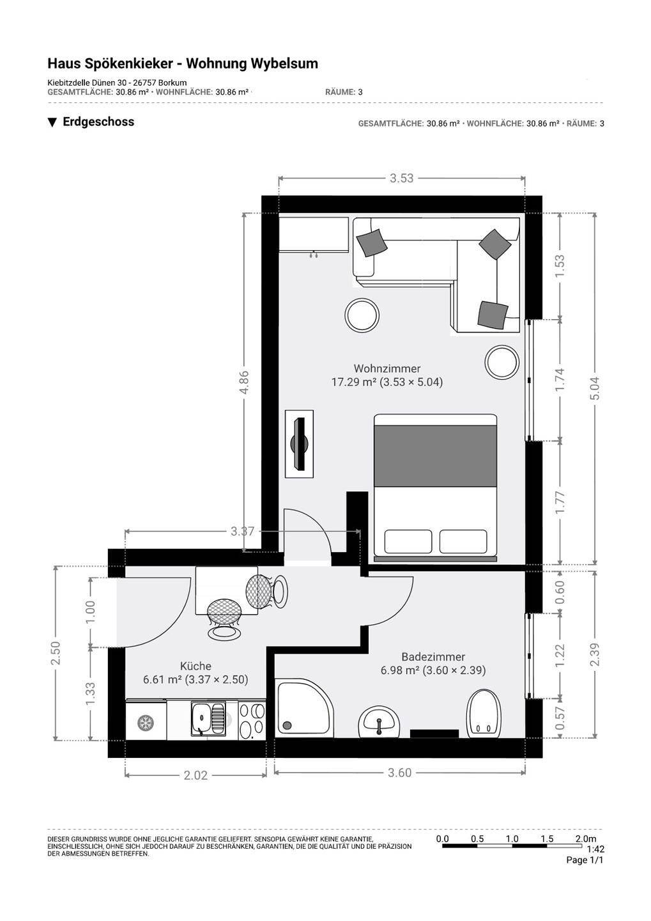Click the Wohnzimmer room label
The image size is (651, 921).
coord(387,368)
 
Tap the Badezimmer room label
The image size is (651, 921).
coord(433,657)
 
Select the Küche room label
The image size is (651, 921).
coord(195,666)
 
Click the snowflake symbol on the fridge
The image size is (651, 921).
coord(145,722)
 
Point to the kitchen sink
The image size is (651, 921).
coord(208,719)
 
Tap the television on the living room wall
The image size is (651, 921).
coord(300,444)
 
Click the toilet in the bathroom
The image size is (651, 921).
coord(484,712)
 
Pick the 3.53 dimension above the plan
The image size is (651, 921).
coord(401,178)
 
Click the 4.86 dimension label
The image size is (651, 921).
coord(244,382)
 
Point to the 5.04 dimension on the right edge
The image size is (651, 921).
coord(596,389)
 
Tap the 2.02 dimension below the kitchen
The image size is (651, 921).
coord(195,775)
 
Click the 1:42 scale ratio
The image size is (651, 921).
coord(595,849)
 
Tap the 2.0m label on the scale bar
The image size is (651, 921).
coord(586,838)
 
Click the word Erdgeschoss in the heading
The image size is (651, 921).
coord(98,122)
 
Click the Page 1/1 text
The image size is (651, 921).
coord(585,860)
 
